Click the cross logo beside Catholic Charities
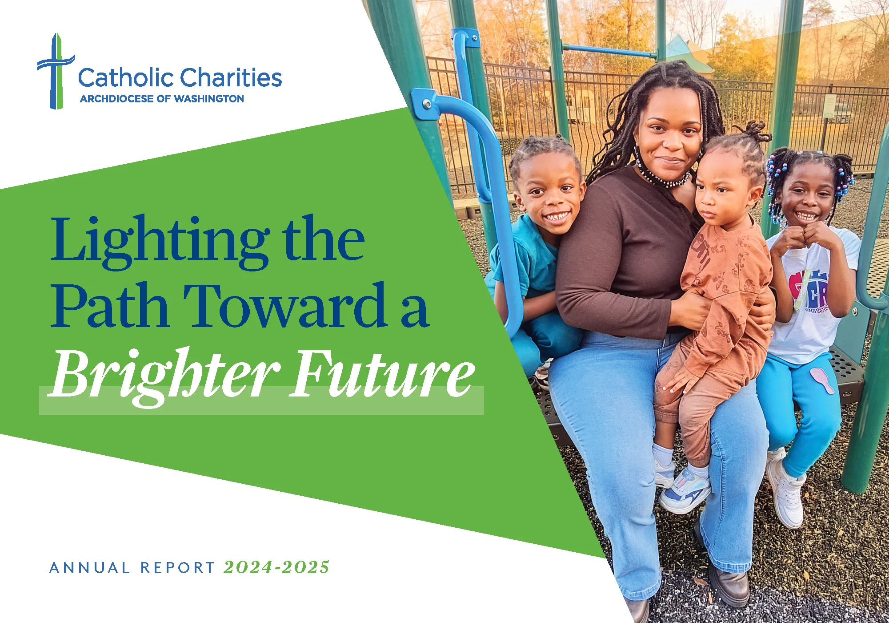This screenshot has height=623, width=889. pyautogui.click(x=55, y=71)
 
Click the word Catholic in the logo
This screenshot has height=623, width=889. pyautogui.click(x=125, y=77)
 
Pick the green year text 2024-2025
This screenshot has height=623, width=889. pyautogui.click(x=276, y=567)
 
